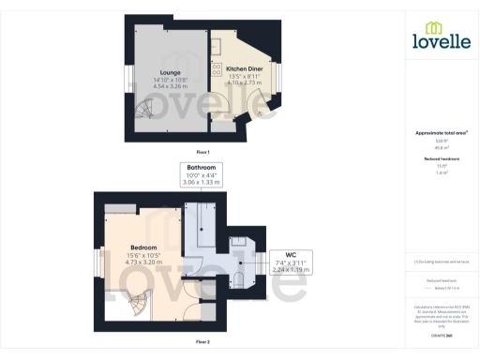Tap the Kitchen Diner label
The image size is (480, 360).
pos(243,68)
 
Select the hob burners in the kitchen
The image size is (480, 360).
pos(217,65)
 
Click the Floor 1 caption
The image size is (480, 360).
pos(202,152)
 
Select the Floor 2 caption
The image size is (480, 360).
pos(202,342)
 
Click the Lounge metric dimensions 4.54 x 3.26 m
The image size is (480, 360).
pos(171,85)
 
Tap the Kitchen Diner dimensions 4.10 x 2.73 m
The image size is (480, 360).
pos(243,83)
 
